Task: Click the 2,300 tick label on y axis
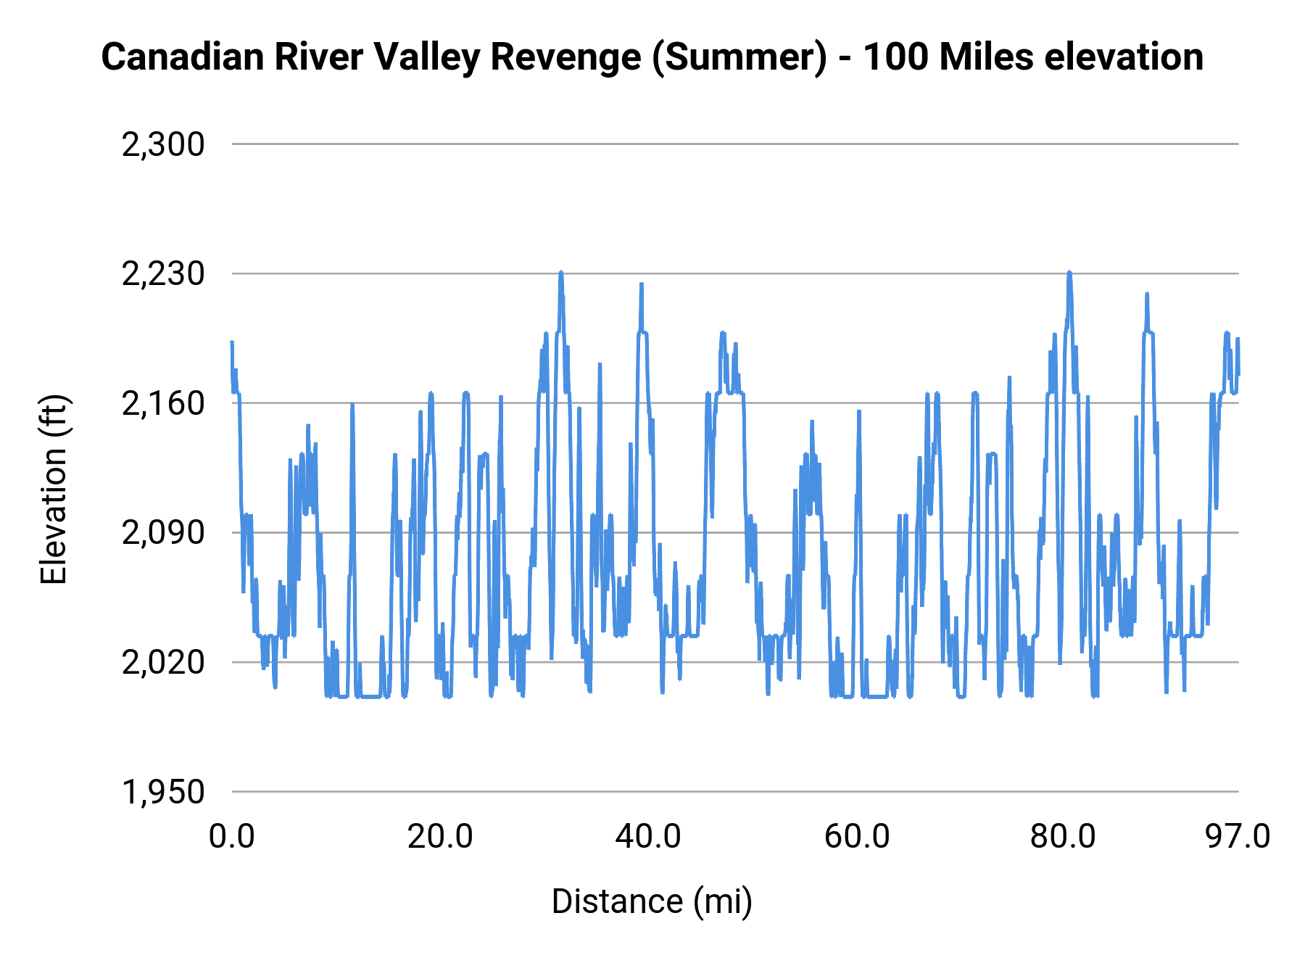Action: click(163, 145)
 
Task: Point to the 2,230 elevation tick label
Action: click(163, 275)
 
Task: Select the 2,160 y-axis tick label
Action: click(163, 404)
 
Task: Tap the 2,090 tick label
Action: click(163, 533)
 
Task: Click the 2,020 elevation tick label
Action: click(163, 663)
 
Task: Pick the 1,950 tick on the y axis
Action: click(163, 792)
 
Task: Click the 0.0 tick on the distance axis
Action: click(232, 837)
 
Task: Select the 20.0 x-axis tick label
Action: click(439, 837)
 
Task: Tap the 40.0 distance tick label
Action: click(647, 837)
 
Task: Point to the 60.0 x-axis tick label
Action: click(856, 837)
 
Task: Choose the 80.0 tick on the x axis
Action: click(1063, 837)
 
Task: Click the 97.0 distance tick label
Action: click(1238, 837)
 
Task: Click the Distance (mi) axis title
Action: click(652, 901)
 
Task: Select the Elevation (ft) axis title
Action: click(54, 489)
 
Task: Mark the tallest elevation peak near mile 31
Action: click(561, 273)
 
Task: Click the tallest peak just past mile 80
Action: click(1069, 273)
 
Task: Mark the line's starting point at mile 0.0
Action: click(232, 342)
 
